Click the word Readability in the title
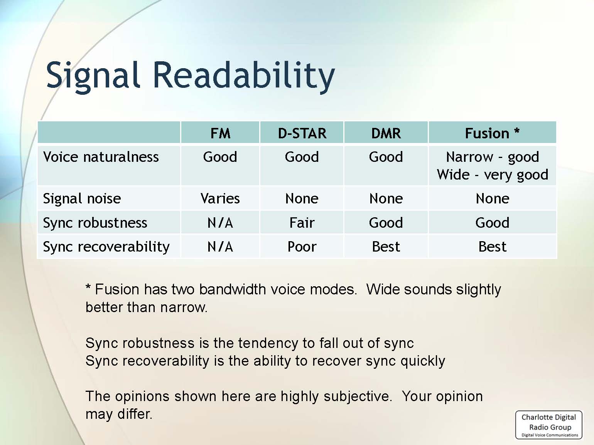[244, 76]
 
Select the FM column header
[220, 133]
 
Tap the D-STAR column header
[302, 133]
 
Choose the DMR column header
[386, 133]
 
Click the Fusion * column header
[492, 133]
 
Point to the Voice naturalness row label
[101, 157]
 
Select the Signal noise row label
[82, 198]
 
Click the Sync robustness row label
[95, 223]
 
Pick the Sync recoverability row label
[106, 247]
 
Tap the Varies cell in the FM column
[220, 198]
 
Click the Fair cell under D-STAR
[302, 223]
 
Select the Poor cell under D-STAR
[302, 247]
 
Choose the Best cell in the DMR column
[386, 247]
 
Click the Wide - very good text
[493, 175]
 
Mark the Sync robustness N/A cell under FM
[220, 223]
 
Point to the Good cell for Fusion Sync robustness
[492, 223]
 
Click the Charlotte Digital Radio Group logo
[549, 425]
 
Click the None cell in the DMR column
[386, 198]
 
